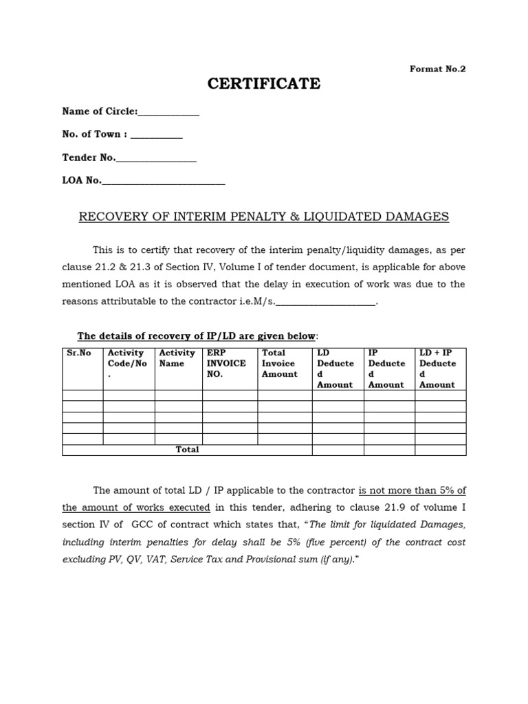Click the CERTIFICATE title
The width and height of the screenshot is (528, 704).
(264, 84)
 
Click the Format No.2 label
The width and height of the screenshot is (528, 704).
(437, 69)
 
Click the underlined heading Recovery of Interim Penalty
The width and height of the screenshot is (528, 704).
(264, 217)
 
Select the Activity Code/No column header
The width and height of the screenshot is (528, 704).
(128, 364)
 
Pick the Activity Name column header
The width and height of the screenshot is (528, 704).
(177, 358)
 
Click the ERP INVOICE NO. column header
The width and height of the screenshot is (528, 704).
(227, 364)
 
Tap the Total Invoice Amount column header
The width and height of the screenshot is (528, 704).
(279, 364)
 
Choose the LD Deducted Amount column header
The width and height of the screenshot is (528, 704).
(335, 368)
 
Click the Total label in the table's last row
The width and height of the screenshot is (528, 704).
(187, 450)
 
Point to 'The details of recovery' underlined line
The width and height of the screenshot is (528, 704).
(197, 335)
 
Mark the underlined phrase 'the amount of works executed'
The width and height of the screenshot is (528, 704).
(136, 507)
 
